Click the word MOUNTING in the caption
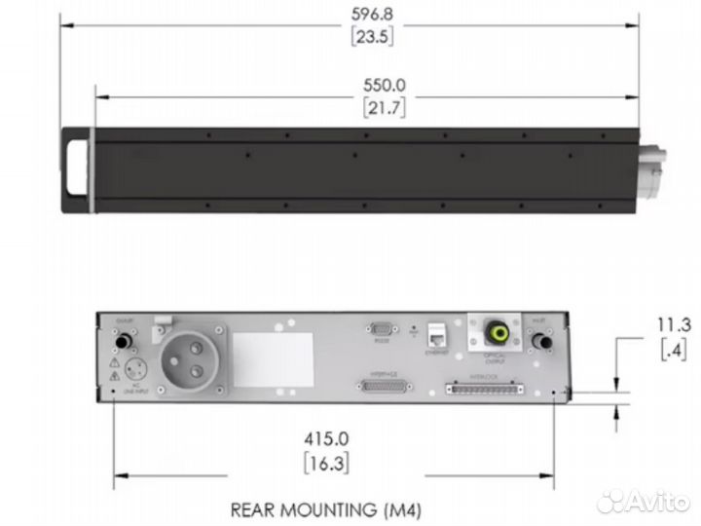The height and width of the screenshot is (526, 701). [331, 507]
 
